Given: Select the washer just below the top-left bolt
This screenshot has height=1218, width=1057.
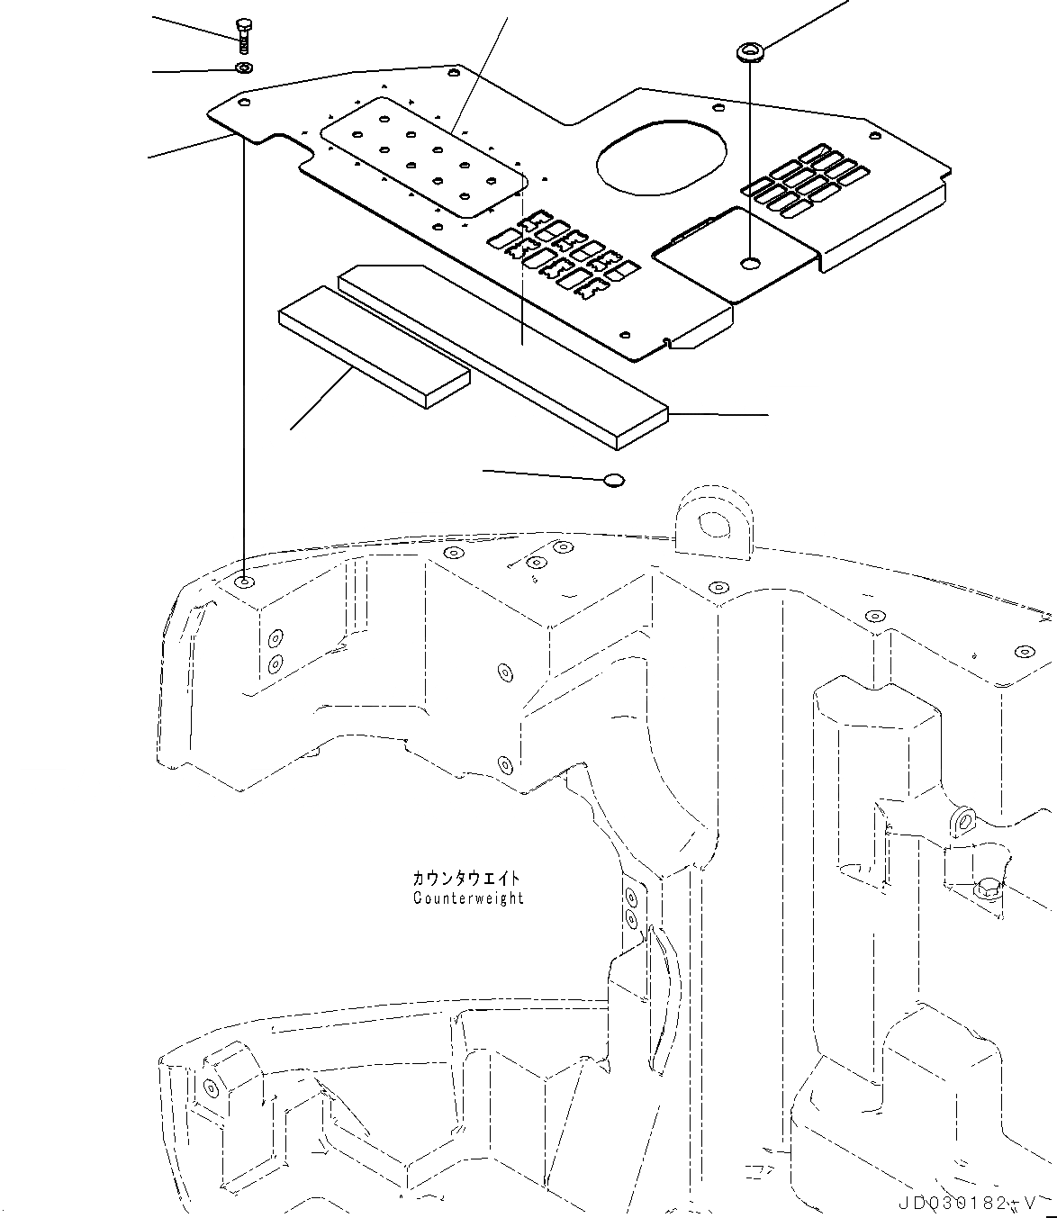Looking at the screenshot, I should coord(243,68).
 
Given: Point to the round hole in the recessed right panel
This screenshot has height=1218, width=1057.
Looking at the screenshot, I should coord(750,264).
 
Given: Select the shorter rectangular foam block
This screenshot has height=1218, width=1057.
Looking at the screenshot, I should coord(374,347).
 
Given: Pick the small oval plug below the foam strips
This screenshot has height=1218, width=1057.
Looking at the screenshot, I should coord(613,480).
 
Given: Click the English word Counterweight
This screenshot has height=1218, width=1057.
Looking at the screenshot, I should coord(468,898).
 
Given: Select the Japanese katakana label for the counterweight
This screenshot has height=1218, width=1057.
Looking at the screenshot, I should coord(466,878).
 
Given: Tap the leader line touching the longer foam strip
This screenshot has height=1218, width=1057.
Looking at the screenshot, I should coord(720,414).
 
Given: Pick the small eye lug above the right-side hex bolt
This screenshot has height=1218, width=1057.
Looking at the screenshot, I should coord(965,819).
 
